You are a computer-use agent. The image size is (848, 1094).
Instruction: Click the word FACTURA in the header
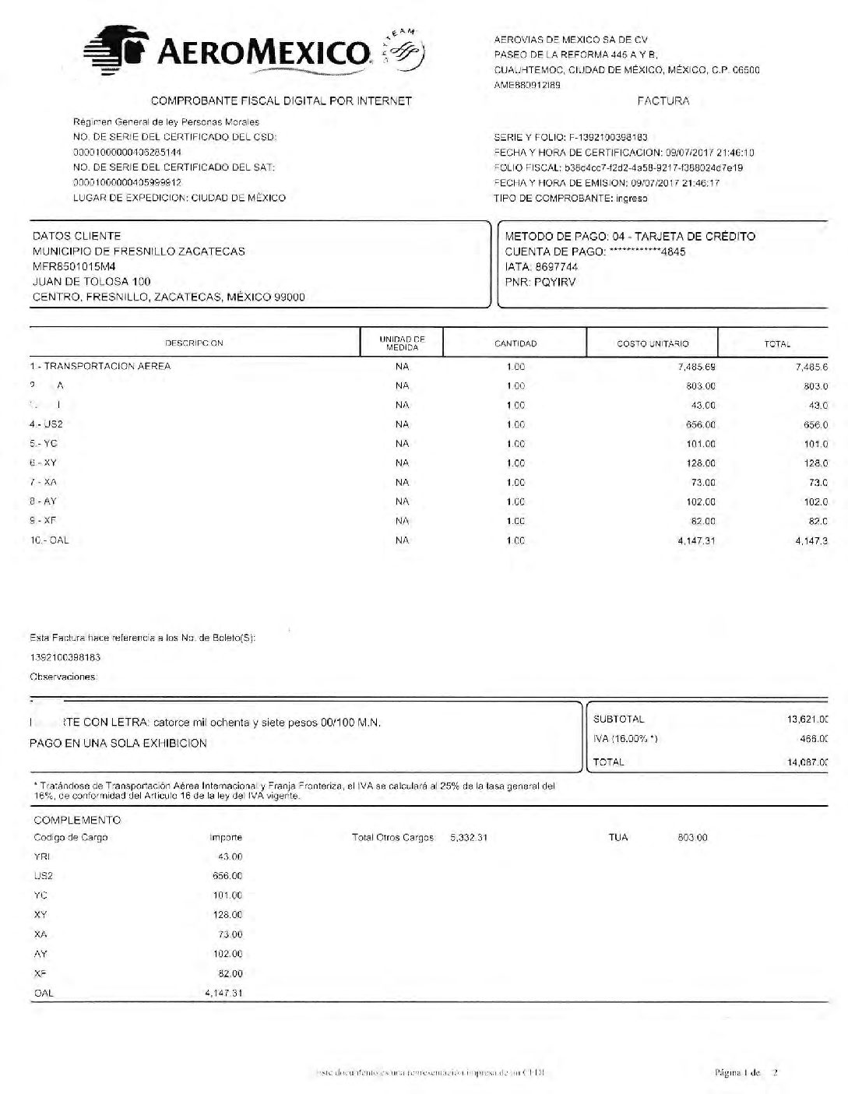[663, 101]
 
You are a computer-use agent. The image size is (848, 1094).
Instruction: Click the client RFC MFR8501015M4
[74, 266]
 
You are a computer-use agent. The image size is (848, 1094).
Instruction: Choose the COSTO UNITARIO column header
[653, 343]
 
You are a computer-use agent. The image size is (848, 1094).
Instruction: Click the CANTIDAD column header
[515, 343]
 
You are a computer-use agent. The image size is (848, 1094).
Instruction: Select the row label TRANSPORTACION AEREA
[107, 366]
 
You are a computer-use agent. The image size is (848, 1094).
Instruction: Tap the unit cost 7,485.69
[696, 366]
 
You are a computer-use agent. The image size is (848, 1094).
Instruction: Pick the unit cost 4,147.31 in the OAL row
[696, 540]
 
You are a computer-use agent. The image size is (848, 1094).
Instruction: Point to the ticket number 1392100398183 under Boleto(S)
[65, 657]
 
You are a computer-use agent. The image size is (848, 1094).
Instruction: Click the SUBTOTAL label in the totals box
[619, 719]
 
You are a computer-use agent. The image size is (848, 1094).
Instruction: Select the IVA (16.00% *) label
[625, 739]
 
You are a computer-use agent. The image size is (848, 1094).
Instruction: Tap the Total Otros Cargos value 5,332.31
[468, 838]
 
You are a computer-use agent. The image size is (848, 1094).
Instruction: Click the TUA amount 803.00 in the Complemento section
[691, 838]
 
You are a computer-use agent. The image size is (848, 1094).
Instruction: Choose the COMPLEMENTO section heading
[77, 820]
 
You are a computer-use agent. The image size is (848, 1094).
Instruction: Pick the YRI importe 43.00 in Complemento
[230, 857]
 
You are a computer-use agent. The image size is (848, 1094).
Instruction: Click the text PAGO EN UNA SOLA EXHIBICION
[118, 743]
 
